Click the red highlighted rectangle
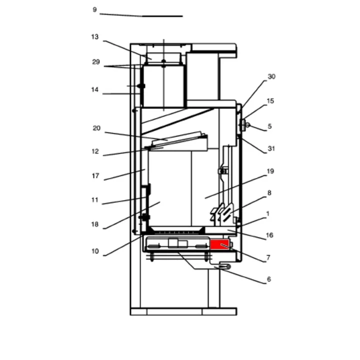(x=219, y=244)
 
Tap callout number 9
(x=94, y=9)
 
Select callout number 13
(x=95, y=37)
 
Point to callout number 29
(x=96, y=62)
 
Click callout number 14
(x=95, y=90)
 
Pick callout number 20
(x=96, y=128)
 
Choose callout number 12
(x=95, y=151)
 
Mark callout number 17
(x=95, y=176)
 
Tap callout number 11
(x=95, y=200)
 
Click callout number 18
(x=95, y=224)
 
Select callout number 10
(x=95, y=251)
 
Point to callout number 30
(x=271, y=76)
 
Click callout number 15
(x=270, y=101)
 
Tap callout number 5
(x=269, y=126)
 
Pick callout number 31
(x=271, y=148)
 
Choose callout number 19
(x=270, y=171)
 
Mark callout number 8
(x=269, y=192)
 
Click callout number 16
(x=269, y=235)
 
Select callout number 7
(x=268, y=258)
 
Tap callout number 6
(x=268, y=279)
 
